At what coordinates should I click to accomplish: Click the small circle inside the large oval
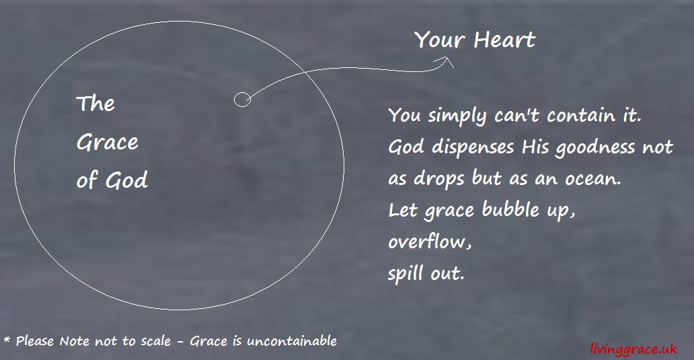[x=242, y=100]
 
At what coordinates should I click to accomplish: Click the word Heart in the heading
[x=504, y=40]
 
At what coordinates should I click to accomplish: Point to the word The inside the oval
[x=95, y=104]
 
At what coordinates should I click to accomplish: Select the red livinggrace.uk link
[x=632, y=348]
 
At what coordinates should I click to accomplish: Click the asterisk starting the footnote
[x=7, y=338]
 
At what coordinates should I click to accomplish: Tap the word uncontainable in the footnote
[x=292, y=340]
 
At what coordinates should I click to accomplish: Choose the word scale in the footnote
[x=156, y=340]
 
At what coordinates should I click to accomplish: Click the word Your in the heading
[x=440, y=40]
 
